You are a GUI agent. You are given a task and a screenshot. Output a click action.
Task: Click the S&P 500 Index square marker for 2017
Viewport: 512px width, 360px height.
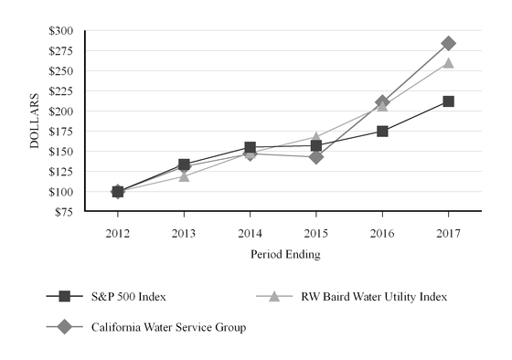448,101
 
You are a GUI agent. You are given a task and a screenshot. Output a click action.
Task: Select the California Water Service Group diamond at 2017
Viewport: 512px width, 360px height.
448,43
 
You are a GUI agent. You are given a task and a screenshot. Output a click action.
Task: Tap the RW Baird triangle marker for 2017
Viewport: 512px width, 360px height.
448,63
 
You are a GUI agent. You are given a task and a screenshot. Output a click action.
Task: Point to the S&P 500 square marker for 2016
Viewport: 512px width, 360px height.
382,132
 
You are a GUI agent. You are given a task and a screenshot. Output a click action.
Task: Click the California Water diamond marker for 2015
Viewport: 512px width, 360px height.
316,157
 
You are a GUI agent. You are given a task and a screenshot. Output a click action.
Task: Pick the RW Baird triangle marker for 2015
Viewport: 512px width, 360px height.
316,137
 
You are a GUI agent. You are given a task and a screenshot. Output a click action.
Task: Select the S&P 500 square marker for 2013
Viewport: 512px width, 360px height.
184,164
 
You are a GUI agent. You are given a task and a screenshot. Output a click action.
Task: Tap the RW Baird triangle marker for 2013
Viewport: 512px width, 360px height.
184,176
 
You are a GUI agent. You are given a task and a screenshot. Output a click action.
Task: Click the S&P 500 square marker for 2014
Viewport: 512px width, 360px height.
250,147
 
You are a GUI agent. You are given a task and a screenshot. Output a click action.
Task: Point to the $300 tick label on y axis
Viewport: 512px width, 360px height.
60,31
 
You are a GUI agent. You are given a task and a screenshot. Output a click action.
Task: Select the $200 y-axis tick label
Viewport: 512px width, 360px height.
60,111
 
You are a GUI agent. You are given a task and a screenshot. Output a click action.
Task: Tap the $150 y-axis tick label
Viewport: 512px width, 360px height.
60,152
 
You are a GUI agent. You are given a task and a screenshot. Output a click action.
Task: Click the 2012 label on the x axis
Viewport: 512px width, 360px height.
118,232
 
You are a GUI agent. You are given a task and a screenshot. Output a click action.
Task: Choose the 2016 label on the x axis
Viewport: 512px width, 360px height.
382,232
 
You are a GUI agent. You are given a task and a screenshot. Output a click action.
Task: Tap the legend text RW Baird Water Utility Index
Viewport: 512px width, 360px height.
378,296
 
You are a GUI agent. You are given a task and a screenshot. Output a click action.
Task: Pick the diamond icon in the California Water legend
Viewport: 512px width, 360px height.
63,326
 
